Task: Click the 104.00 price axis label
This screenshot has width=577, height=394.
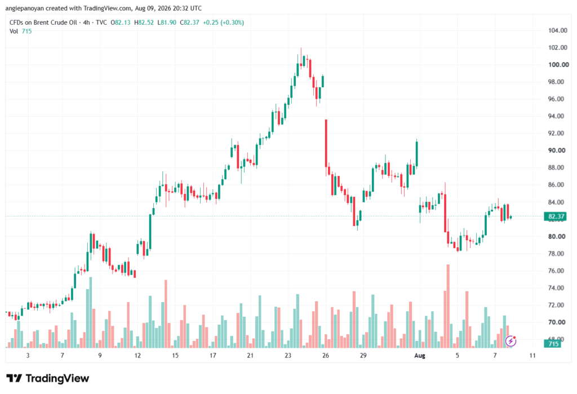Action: (557, 30)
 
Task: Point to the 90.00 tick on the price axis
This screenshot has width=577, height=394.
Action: (557, 150)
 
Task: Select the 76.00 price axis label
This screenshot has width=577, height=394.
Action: (556, 271)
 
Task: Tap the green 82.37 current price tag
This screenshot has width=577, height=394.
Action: (555, 216)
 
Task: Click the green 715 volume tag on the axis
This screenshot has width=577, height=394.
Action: (553, 344)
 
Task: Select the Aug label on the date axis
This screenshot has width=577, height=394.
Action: (419, 356)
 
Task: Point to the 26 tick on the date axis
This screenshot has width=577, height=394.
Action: (325, 356)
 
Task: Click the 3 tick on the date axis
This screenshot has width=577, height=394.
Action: (28, 356)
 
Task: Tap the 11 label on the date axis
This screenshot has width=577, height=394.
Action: (532, 356)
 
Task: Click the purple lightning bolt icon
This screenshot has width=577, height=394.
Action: (511, 342)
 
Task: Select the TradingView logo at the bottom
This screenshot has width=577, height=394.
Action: (47, 379)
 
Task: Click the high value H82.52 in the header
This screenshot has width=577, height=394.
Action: (144, 23)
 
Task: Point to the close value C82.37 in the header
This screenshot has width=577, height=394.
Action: (189, 23)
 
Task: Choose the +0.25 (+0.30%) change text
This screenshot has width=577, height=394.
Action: (223, 23)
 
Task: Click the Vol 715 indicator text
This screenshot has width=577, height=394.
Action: (21, 32)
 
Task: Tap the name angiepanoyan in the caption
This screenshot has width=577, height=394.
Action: (25, 8)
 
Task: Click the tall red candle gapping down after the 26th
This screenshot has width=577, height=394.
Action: (326, 143)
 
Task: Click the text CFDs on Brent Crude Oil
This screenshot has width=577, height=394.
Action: (43, 23)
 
